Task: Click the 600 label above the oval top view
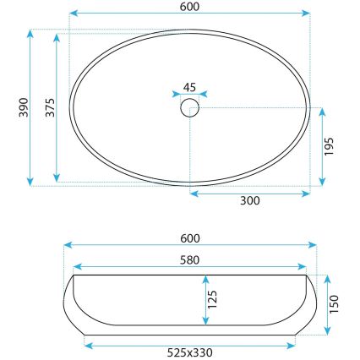tap(190, 6)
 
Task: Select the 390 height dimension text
tap(24, 107)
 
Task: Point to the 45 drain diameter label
tap(189, 86)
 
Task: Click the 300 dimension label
tap(250, 201)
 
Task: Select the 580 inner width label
tap(190, 259)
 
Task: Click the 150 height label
tap(336, 302)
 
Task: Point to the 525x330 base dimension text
tap(190, 352)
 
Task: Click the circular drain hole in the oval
tap(189, 107)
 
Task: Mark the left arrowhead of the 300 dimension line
tap(194, 192)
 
